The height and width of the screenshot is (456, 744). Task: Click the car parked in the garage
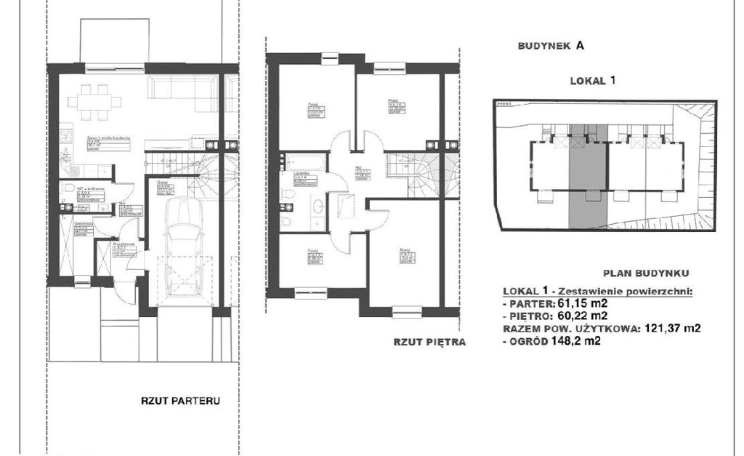(x=182, y=247)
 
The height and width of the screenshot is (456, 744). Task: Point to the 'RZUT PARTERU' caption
(x=180, y=400)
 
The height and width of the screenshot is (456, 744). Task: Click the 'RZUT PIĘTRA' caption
(x=429, y=340)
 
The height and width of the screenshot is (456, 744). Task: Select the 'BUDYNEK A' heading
(x=551, y=45)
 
